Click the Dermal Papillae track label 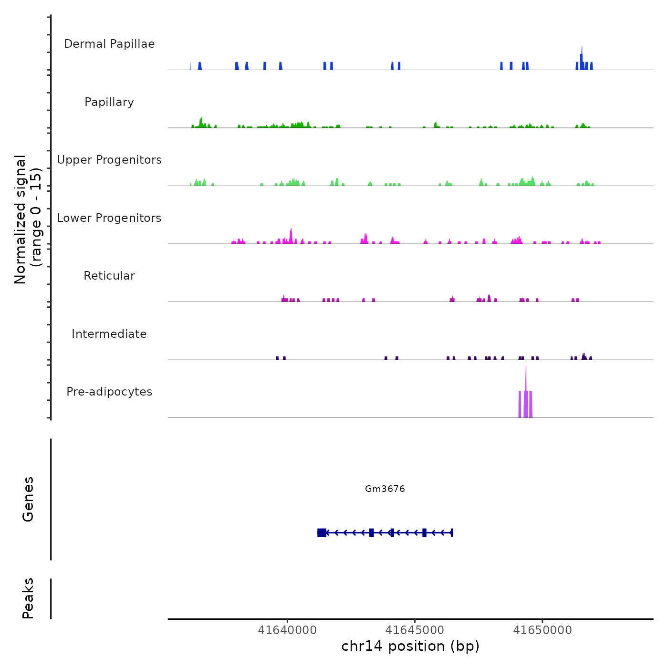[109, 44]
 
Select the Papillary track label [109, 102]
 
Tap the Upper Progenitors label [109, 160]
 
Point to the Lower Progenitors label [109, 218]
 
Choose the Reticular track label [109, 276]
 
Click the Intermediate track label [109, 334]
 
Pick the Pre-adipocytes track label [109, 392]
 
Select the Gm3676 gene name [385, 489]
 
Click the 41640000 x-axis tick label [287, 630]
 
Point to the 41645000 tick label [415, 630]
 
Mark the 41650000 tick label [543, 630]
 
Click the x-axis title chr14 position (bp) [410, 646]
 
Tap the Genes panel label [28, 499]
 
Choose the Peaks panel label [28, 598]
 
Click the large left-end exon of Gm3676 [322, 532]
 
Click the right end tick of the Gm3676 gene [451, 532]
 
